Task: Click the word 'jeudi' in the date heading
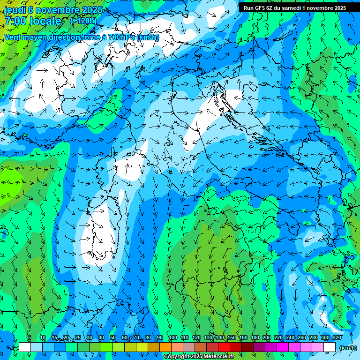(15, 9)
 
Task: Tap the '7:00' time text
(15, 21)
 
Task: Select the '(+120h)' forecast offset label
(82, 21)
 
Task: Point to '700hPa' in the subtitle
(120, 37)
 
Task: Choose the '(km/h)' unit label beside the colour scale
(347, 347)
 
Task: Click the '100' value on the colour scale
(173, 337)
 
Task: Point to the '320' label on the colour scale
(337, 337)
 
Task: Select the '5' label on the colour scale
(30, 337)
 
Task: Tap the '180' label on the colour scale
(255, 337)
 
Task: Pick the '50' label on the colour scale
(113, 337)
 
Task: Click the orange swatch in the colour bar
(165, 347)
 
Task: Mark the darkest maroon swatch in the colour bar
(247, 347)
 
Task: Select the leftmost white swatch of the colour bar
(25, 347)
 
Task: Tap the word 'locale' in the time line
(45, 21)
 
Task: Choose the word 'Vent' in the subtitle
(13, 37)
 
